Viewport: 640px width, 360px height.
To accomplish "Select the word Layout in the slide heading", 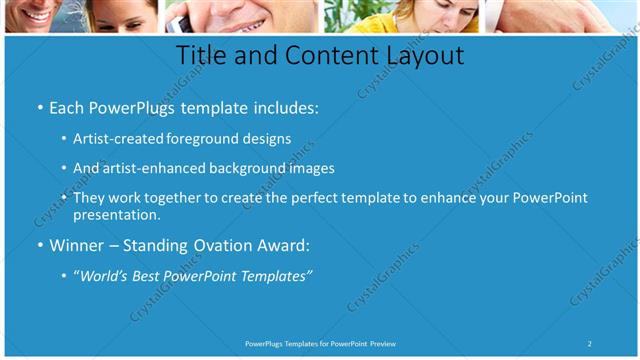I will tap(418, 56).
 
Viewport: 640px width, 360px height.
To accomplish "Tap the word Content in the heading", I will tap(323, 56).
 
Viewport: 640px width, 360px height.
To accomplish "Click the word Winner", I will tap(79, 245).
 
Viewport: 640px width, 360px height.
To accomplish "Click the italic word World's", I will tap(105, 275).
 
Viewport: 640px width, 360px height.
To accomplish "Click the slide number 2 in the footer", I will tap(590, 344).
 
